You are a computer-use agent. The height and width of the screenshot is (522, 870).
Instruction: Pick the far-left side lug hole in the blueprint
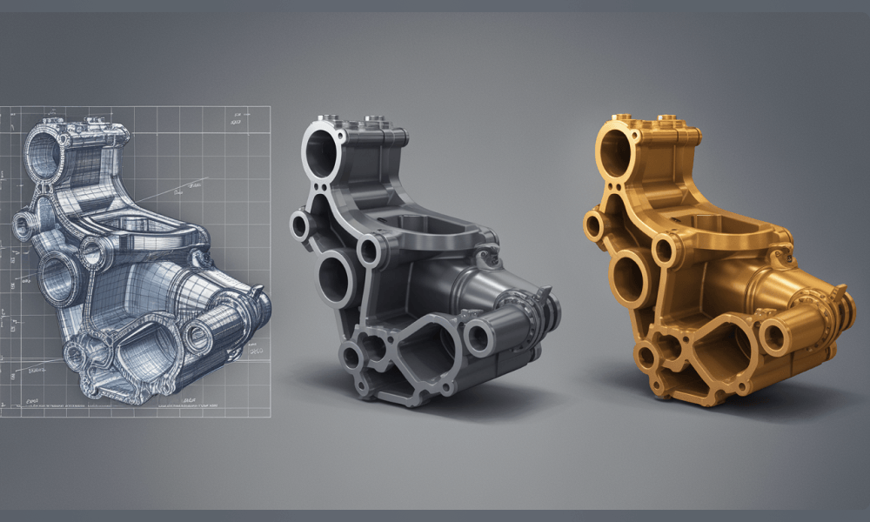(x=21, y=229)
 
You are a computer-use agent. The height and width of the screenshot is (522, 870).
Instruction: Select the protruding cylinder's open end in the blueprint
(x=199, y=335)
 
